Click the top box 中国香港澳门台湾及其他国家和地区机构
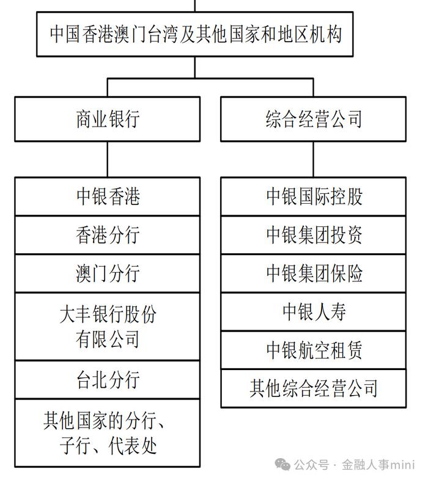pyautogui.click(x=195, y=34)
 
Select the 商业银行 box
pyautogui.click(x=108, y=119)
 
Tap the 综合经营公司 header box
pyautogui.click(x=314, y=119)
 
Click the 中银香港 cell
pyautogui.click(x=108, y=196)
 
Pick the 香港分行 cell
pyautogui.click(x=108, y=235)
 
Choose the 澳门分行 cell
pyautogui.click(x=108, y=273)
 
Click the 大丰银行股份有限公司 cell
pyautogui.click(x=108, y=327)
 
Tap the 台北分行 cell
pyautogui.click(x=108, y=380)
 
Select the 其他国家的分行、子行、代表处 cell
pyautogui.click(x=108, y=433)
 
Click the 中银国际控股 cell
pyautogui.click(x=314, y=196)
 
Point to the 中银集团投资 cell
pyautogui.click(x=314, y=235)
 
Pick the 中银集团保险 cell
pyautogui.click(x=314, y=273)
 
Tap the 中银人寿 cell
pyautogui.click(x=314, y=312)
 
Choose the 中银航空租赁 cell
pyautogui.click(x=314, y=350)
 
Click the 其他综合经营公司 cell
pyautogui.click(x=314, y=388)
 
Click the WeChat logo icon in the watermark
pyautogui.click(x=282, y=464)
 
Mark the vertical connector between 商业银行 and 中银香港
pyautogui.click(x=108, y=159)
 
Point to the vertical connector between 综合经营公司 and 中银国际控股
pyautogui.click(x=314, y=159)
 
